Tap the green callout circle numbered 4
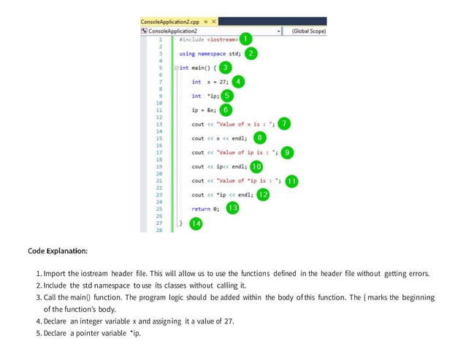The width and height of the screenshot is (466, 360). click(x=239, y=82)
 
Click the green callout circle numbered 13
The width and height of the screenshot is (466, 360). click(x=232, y=208)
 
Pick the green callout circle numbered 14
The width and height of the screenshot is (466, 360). click(x=195, y=223)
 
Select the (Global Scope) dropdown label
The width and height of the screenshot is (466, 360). click(x=308, y=31)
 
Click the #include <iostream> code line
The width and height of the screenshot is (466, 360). click(x=207, y=39)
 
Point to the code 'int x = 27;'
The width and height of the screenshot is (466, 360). click(x=208, y=82)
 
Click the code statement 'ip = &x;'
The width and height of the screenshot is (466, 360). click(x=204, y=110)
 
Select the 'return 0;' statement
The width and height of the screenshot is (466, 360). click(x=205, y=209)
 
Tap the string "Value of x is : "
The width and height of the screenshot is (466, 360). click(x=244, y=123)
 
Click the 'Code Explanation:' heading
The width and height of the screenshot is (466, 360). click(x=58, y=251)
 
